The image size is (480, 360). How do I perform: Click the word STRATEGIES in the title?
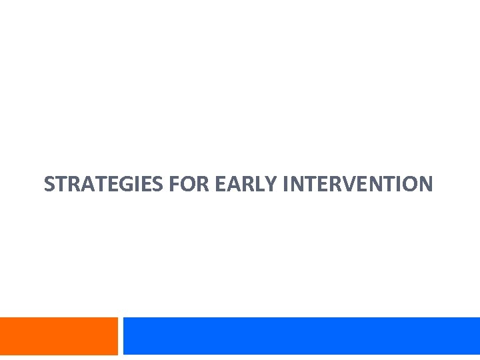tap(103, 183)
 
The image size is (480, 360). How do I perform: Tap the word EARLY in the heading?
tap(246, 183)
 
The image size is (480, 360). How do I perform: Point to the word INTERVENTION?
tap(358, 183)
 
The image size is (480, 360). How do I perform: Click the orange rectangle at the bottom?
tap(59, 336)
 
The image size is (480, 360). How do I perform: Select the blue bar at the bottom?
tap(301, 336)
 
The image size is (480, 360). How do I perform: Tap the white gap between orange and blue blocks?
tap(121, 336)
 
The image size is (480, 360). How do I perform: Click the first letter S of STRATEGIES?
tap(49, 183)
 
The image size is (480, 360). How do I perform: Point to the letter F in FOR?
tap(175, 183)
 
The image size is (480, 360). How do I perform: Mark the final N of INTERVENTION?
tap(425, 183)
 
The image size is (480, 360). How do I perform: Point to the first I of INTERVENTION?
tap(285, 183)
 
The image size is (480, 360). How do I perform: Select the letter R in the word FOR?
tap(203, 183)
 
